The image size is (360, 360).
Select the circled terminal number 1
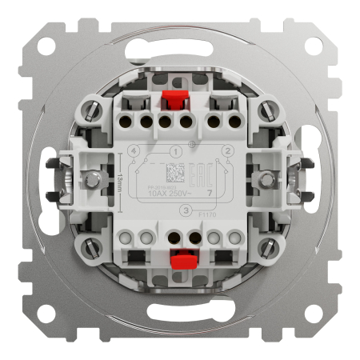click(x=174, y=150)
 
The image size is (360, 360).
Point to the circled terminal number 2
click(x=228, y=150)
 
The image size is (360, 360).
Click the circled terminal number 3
click(x=186, y=210)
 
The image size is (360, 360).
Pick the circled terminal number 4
click(x=133, y=150)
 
